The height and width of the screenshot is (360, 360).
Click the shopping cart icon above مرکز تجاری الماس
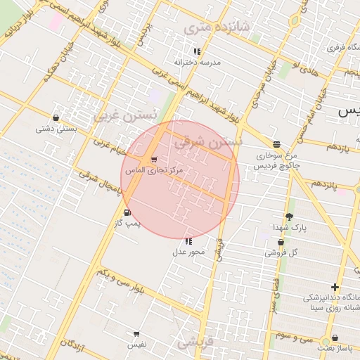[154, 160]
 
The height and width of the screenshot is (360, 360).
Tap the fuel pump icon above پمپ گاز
[127, 212]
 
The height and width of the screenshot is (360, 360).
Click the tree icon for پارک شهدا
[289, 217]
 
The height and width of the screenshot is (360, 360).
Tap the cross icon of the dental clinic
[335, 287]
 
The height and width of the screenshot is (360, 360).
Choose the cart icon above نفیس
[136, 334]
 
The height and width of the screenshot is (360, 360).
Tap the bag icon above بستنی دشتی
[56, 118]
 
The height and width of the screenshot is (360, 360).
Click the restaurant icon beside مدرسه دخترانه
[197, 51]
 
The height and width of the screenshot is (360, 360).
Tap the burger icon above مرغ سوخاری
[276, 144]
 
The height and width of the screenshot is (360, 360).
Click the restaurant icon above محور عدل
[188, 241]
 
